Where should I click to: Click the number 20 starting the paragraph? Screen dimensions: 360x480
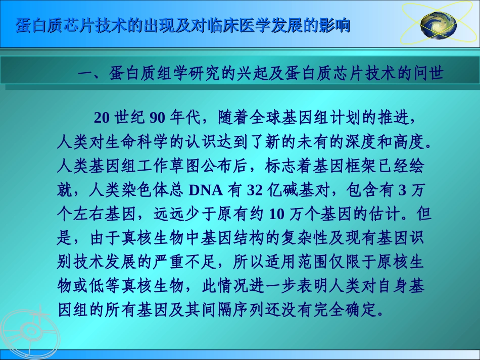click(102, 118)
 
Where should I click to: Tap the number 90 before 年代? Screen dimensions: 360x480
click(158, 118)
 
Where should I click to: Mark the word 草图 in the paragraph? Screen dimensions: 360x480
click(182, 166)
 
